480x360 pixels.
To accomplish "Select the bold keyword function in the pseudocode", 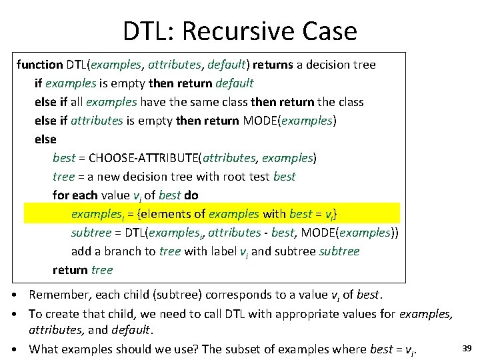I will point(39,65).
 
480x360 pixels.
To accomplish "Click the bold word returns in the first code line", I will point(273,65).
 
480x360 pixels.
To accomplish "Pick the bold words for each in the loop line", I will point(75,195).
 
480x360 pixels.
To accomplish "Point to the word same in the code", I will point(209,102).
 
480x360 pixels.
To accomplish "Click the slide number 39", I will point(467,348).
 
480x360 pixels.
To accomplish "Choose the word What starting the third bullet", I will point(44,349).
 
